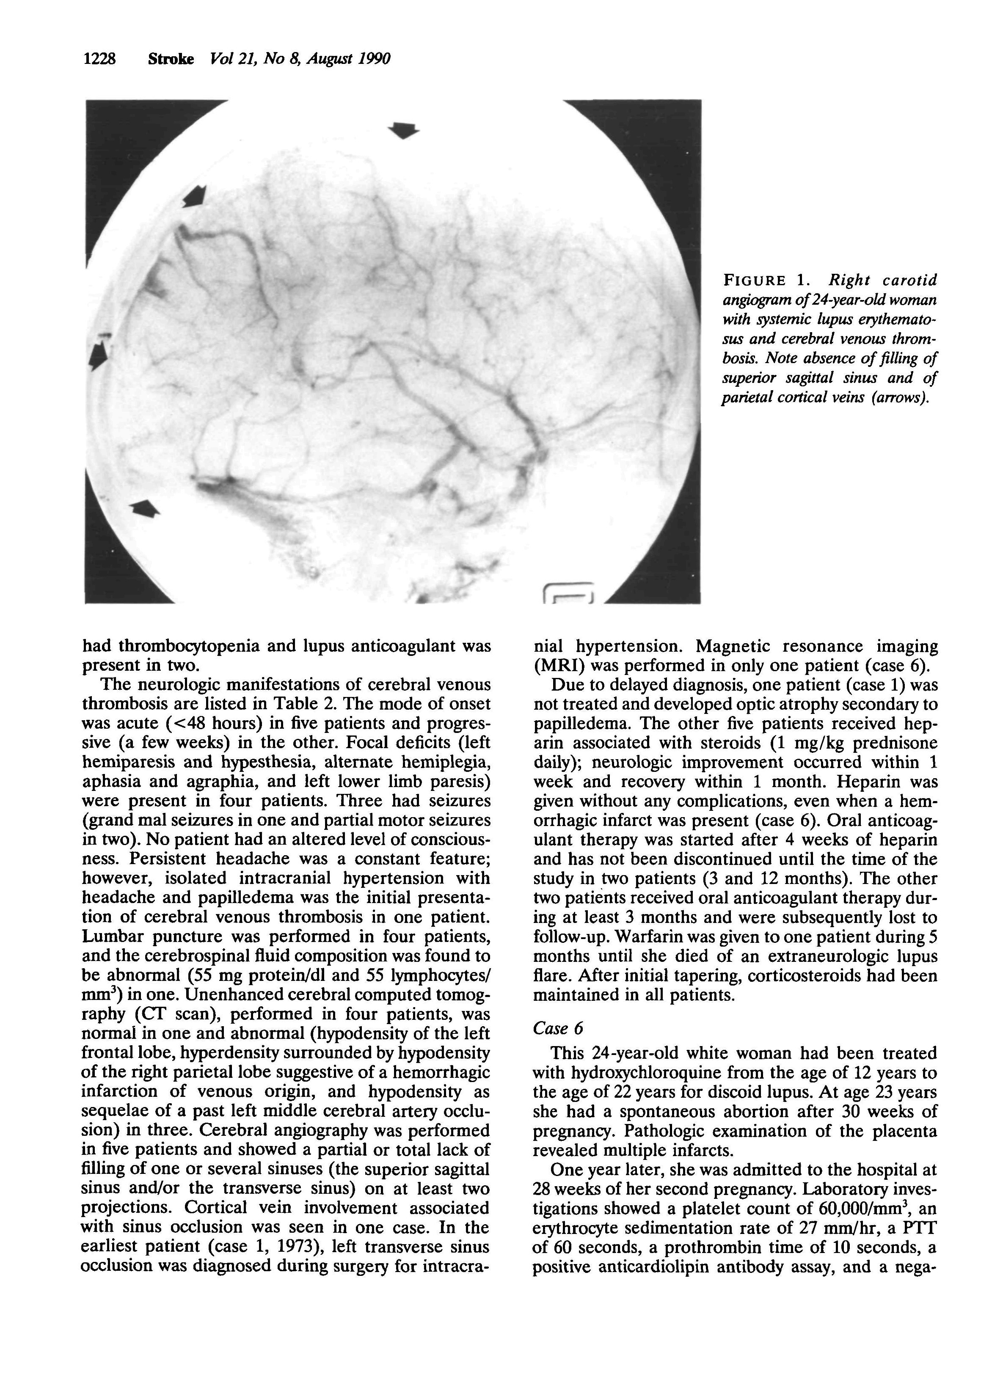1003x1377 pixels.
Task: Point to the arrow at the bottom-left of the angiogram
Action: coord(146,508)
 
